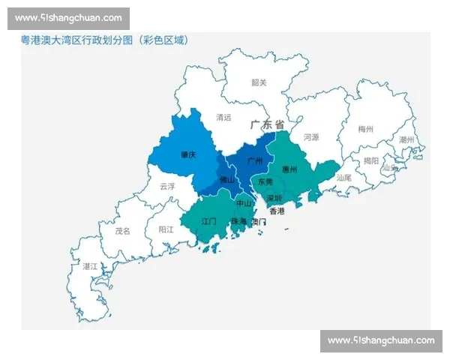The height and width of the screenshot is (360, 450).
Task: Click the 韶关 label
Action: click(259, 82)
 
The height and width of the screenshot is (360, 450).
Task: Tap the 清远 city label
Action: click(223, 117)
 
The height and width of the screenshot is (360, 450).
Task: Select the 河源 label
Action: click(311, 138)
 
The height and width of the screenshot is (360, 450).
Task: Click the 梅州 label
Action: click(366, 129)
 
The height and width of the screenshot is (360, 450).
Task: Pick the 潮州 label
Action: click(407, 140)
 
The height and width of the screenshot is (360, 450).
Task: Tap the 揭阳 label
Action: click(371, 160)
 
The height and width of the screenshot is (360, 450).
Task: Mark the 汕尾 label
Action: click(344, 178)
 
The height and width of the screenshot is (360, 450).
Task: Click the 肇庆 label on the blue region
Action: click(188, 154)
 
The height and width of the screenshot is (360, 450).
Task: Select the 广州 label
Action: click(253, 160)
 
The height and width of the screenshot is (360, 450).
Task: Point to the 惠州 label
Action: click(290, 169)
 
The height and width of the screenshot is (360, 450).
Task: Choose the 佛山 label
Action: click(226, 181)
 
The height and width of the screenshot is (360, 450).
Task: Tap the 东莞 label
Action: click(265, 182)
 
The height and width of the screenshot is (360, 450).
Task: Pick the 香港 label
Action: click(277, 211)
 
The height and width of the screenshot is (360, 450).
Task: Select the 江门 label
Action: click(209, 222)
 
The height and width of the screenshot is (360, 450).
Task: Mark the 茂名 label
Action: click(122, 231)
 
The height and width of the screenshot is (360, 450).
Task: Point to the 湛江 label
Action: click(90, 266)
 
